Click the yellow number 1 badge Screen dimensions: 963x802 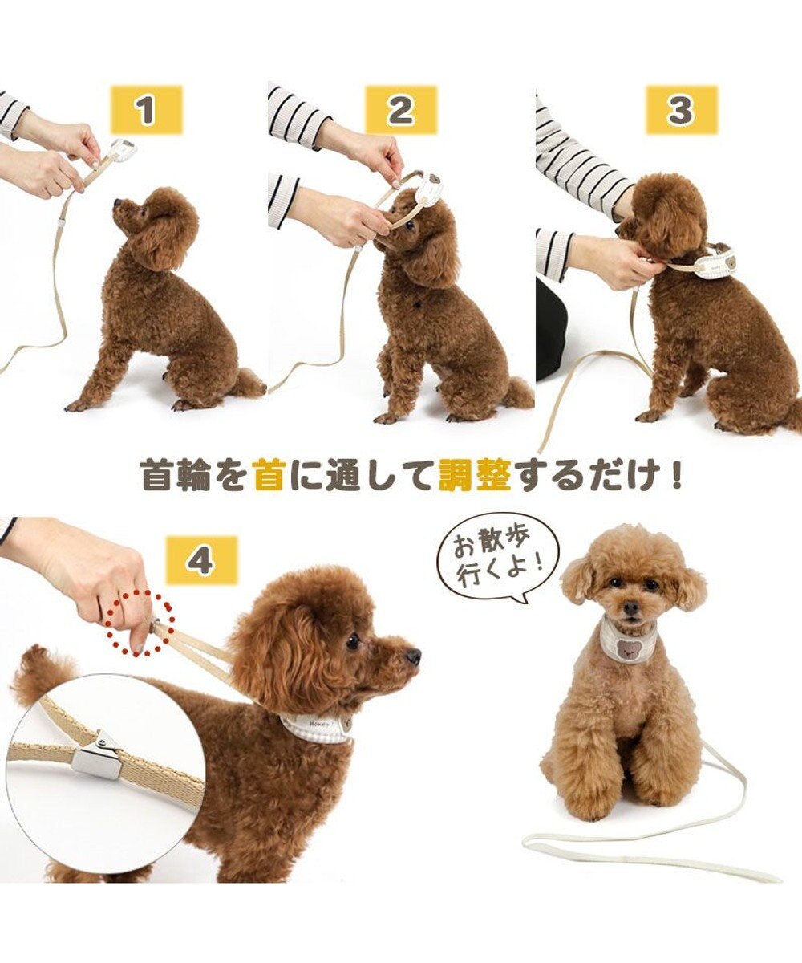click(145, 111)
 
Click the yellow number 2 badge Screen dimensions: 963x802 click(401, 111)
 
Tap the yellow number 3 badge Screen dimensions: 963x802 click(681, 110)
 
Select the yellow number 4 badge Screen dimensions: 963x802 click(201, 560)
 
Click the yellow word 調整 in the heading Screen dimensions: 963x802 click(475, 475)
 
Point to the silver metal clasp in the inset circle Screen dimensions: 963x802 click(97, 757)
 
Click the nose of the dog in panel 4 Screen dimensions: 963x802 click(413, 657)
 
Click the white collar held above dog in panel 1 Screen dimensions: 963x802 click(122, 148)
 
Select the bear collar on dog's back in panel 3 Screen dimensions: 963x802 click(714, 262)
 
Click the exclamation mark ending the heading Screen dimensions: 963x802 click(675, 475)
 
